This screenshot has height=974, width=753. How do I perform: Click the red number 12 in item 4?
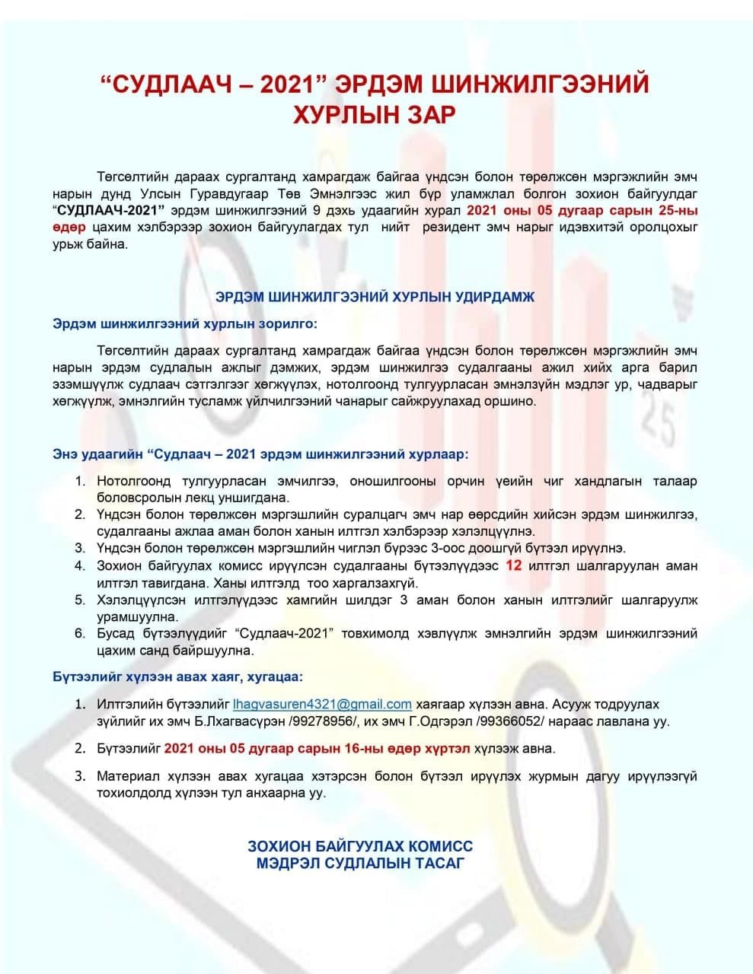tap(514, 566)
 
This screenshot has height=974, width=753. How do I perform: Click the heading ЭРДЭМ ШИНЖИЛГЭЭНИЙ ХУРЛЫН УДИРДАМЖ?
tap(375, 297)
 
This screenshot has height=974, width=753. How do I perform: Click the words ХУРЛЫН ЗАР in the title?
tap(375, 115)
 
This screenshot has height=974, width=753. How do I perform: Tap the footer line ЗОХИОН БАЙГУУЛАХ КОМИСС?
tap(360, 846)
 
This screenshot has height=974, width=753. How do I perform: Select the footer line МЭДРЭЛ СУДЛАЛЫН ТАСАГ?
tap(360, 863)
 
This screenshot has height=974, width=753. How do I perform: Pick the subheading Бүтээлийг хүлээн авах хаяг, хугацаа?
tap(177, 676)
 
